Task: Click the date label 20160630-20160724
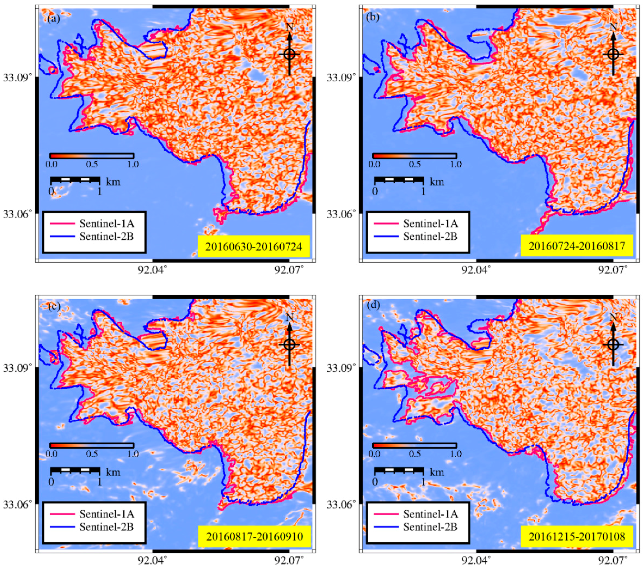click(x=254, y=246)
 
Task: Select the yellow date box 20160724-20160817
click(x=577, y=246)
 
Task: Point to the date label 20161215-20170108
click(x=577, y=536)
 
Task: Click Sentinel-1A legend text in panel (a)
click(x=107, y=223)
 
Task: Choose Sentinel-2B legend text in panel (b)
click(x=430, y=236)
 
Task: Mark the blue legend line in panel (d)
click(x=386, y=527)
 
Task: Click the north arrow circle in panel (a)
click(x=289, y=54)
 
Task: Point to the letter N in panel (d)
click(x=613, y=317)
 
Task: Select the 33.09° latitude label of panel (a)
click(x=16, y=77)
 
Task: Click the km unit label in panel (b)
click(x=437, y=182)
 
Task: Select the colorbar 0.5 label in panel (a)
click(x=91, y=164)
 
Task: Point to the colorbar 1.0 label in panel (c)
click(x=133, y=454)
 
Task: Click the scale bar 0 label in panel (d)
click(x=375, y=482)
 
